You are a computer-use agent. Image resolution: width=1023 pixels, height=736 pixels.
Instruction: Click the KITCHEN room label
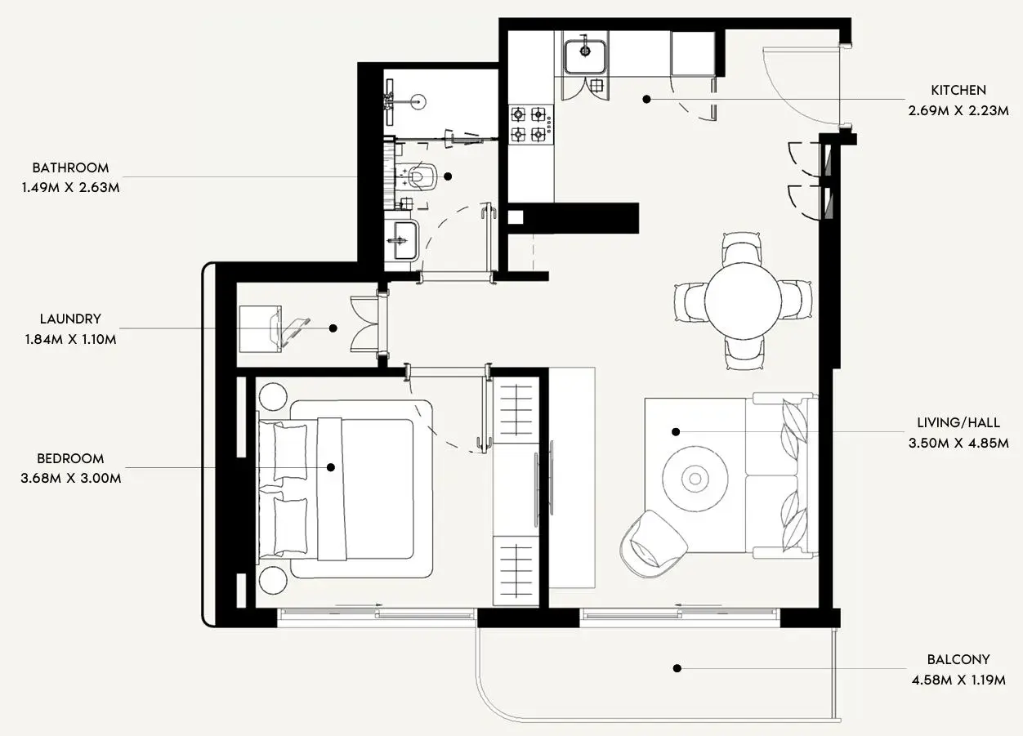click(958, 91)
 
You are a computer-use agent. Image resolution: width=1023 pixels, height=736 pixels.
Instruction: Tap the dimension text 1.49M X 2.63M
click(71, 188)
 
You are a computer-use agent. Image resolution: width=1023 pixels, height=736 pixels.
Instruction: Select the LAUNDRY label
click(70, 319)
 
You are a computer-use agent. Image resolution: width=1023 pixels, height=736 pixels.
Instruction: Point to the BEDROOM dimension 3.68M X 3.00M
click(71, 479)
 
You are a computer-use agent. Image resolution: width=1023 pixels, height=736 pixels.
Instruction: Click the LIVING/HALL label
click(958, 423)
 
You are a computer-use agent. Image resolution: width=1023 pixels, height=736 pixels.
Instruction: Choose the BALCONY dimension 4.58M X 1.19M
click(958, 680)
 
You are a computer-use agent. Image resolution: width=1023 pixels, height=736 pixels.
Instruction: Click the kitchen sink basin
click(586, 56)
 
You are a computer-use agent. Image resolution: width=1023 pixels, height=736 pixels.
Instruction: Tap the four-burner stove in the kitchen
click(530, 124)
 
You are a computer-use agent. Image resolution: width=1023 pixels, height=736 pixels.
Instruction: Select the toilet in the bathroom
click(417, 177)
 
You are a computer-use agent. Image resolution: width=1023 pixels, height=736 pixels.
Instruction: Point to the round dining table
click(743, 301)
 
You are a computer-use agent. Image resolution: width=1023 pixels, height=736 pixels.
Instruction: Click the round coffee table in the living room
click(695, 479)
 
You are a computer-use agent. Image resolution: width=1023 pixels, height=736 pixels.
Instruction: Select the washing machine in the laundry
click(261, 328)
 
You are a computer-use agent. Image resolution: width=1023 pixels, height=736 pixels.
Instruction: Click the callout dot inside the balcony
click(677, 668)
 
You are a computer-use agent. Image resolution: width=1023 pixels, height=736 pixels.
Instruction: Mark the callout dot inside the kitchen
click(646, 99)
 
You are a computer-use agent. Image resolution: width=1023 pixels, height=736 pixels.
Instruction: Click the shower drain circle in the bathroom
click(418, 101)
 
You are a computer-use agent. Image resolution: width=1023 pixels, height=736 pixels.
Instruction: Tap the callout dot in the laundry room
click(333, 328)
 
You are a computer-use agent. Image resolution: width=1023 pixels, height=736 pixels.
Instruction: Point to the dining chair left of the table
click(690, 301)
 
